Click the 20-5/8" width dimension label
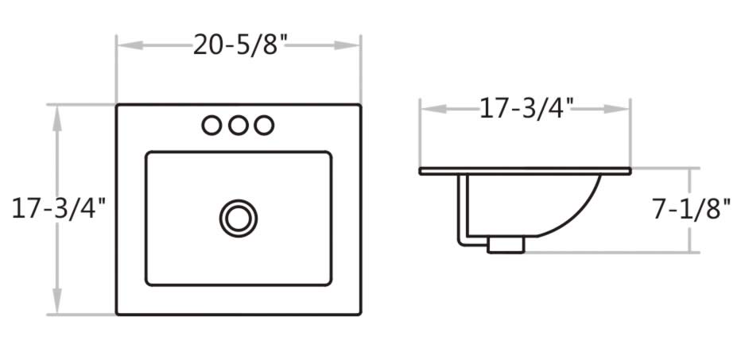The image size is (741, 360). point(239,45)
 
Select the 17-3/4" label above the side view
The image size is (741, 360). point(526,107)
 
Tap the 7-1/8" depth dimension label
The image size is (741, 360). point(691,209)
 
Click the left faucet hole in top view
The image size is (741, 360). point(211,125)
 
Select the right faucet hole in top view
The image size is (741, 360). point(265,125)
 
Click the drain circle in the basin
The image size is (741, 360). point(239,217)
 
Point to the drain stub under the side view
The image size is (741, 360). point(505,244)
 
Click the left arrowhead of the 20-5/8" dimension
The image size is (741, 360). point(126,45)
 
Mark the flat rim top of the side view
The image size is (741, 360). point(526,170)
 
